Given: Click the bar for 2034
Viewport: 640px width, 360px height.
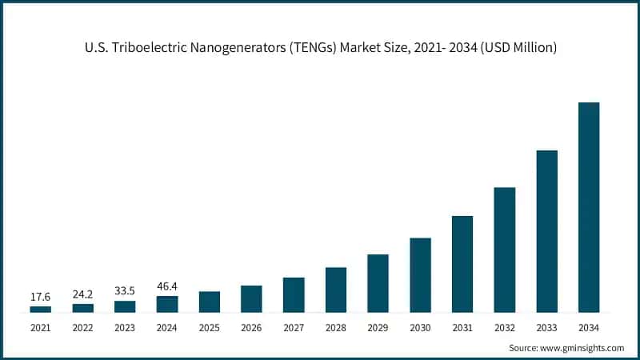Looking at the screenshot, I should (589, 207).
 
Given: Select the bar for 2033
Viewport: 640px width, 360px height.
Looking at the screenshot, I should (546, 231).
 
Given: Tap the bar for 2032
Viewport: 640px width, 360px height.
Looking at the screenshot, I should (505, 250).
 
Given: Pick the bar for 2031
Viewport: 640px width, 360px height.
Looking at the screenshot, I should (462, 264).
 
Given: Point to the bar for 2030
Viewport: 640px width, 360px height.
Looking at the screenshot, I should (420, 275).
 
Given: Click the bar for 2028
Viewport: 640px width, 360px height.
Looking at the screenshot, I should (336, 290).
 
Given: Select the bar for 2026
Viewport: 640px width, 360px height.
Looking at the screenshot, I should (251, 298).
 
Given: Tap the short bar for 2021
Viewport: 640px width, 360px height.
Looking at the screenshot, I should (41, 309).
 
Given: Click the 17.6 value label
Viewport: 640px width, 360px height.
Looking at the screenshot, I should (41, 297).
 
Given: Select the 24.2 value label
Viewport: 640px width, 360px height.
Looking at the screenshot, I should (82, 294).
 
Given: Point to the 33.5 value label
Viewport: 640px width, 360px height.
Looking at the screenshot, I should (125, 291).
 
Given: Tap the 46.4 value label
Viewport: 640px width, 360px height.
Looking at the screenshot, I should (167, 286).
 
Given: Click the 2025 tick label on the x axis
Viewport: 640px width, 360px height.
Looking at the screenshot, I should (210, 328).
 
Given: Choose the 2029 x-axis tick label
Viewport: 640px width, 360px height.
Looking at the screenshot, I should (378, 328).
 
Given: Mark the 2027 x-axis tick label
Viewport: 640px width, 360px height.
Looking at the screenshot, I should (294, 328).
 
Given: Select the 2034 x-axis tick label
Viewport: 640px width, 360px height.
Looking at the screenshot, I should (589, 328).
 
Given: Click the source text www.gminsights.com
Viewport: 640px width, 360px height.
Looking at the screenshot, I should (584, 348).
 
